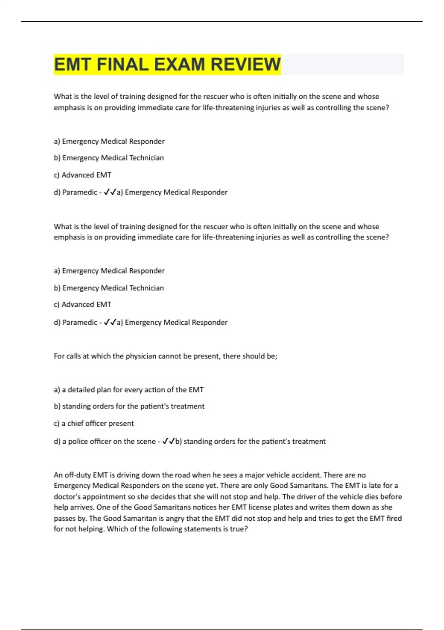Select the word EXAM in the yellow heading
pyautogui.click(x=179, y=64)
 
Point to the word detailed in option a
pyautogui.click(x=81, y=390)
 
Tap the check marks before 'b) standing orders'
pyautogui.click(x=168, y=441)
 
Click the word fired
pyautogui.click(x=394, y=518)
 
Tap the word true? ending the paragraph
pyautogui.click(x=239, y=529)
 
